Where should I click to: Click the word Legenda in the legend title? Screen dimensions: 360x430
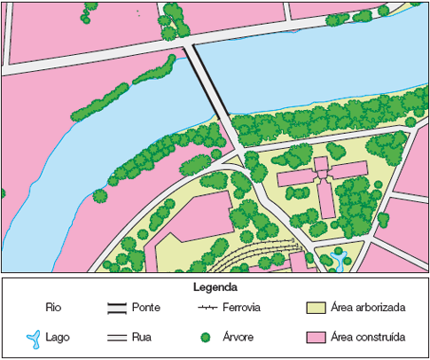click(x=214, y=288)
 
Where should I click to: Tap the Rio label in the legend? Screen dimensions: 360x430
click(x=52, y=308)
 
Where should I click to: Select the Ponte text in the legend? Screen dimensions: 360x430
click(x=145, y=308)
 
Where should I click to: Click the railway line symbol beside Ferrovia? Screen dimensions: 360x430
click(x=207, y=308)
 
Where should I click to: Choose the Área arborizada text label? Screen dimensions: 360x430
click(x=368, y=308)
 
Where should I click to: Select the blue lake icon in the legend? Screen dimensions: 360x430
click(x=32, y=338)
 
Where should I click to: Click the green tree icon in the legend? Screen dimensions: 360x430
click(x=205, y=338)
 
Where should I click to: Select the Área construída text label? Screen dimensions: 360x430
click(x=368, y=338)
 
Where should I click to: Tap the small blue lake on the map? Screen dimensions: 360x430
click(x=337, y=260)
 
